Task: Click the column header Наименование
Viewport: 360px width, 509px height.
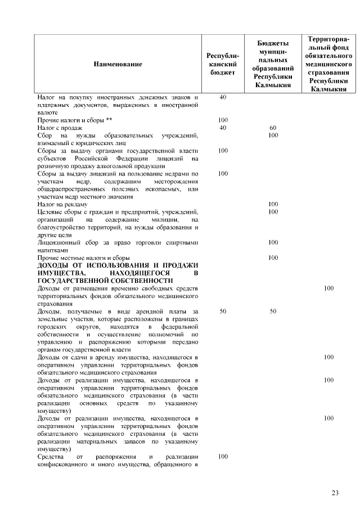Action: click(x=118, y=64)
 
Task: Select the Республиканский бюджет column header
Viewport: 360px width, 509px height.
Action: click(x=223, y=64)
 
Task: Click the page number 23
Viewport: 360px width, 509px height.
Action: click(x=335, y=493)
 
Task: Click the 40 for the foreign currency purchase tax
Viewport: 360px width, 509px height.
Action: click(x=223, y=97)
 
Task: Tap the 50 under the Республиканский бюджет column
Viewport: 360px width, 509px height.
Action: click(x=223, y=310)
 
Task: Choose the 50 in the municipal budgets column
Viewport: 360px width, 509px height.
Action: click(x=273, y=310)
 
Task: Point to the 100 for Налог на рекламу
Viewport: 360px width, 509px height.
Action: click(x=273, y=204)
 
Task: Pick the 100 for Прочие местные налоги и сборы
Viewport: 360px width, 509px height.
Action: click(x=273, y=258)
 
